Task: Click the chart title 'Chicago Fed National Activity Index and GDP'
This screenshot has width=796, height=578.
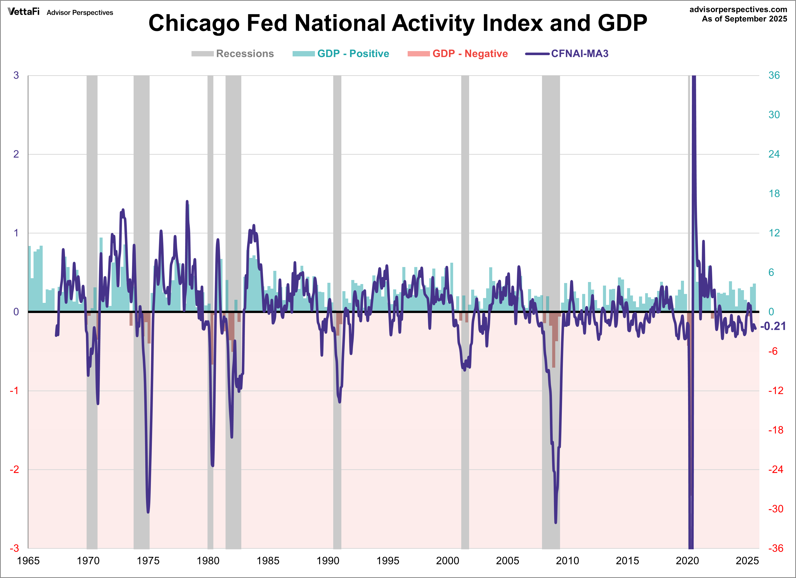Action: pyautogui.click(x=398, y=23)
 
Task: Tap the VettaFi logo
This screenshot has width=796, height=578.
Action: pyautogui.click(x=24, y=12)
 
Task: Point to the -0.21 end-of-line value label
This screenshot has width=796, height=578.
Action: pyautogui.click(x=773, y=326)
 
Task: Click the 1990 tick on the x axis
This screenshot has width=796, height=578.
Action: pyautogui.click(x=328, y=561)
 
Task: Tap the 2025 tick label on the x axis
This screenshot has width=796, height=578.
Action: pyautogui.click(x=747, y=561)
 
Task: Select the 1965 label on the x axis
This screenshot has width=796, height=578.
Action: pyautogui.click(x=28, y=561)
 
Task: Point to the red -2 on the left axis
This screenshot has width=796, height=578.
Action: pyautogui.click(x=14, y=470)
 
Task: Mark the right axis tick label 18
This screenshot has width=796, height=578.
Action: pyautogui.click(x=774, y=194)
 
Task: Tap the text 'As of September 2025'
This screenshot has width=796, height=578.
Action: pyautogui.click(x=744, y=19)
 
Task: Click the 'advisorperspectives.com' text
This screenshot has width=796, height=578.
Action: pyautogui.click(x=738, y=9)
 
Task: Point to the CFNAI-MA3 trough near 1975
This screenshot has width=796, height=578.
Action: pyautogui.click(x=148, y=512)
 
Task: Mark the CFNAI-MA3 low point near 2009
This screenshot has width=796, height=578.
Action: pyautogui.click(x=555, y=522)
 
